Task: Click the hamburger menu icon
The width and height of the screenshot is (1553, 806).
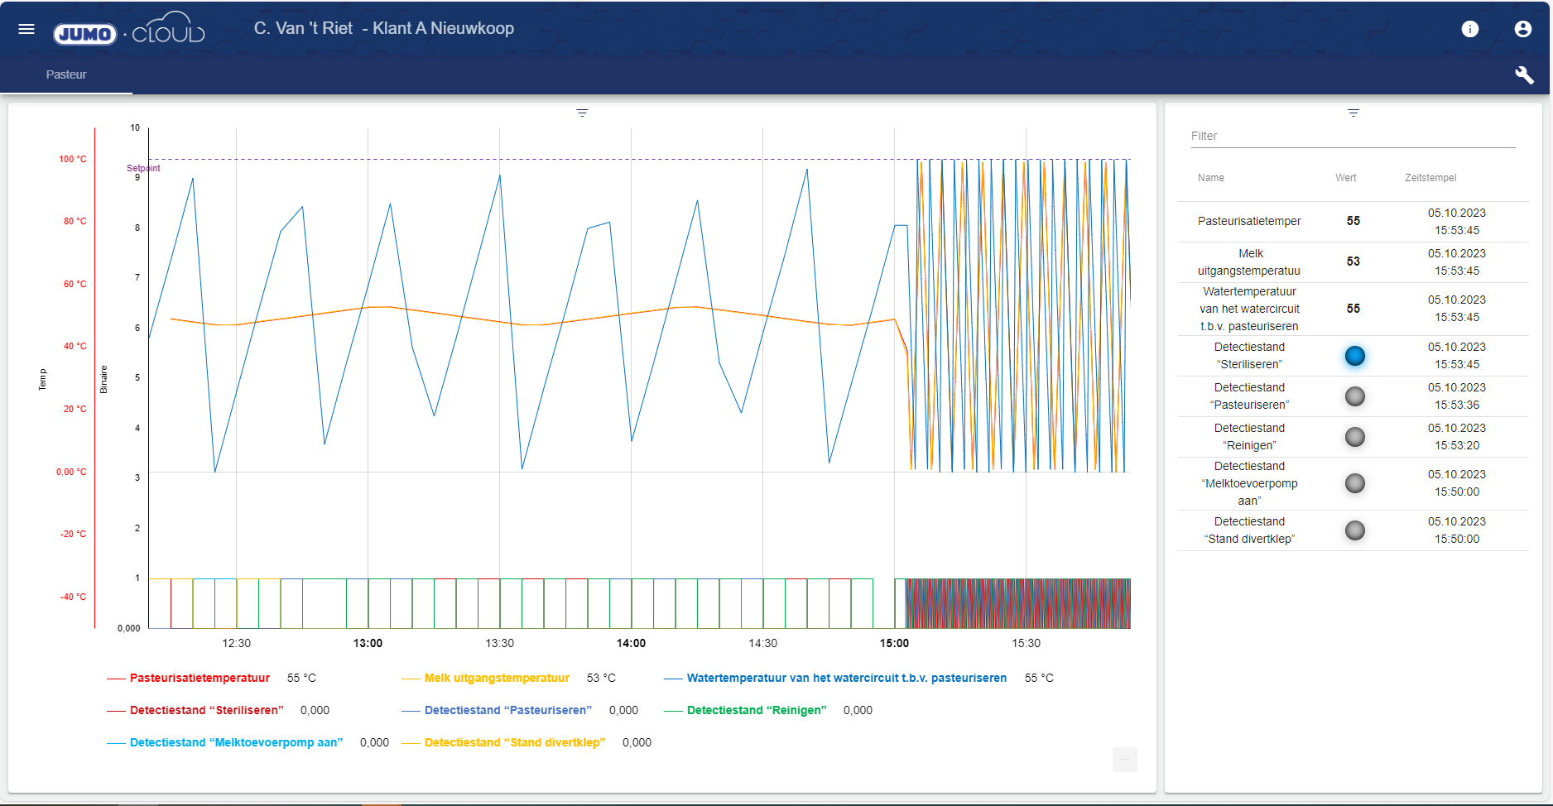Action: tap(26, 29)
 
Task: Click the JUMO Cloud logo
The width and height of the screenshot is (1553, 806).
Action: tap(128, 31)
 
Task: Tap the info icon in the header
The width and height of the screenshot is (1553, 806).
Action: tap(1470, 29)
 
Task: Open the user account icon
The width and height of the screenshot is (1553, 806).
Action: tap(1522, 29)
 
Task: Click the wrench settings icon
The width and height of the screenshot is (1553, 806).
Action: tap(1524, 75)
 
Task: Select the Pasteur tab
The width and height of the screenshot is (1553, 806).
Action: tap(66, 74)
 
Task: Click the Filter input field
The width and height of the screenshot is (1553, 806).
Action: tap(1352, 137)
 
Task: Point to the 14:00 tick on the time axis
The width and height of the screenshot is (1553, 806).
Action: tap(631, 643)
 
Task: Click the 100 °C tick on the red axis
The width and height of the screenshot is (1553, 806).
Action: tap(73, 159)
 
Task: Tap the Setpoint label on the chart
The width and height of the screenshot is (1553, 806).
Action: tap(143, 168)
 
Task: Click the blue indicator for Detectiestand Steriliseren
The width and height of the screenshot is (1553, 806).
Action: tap(1354, 356)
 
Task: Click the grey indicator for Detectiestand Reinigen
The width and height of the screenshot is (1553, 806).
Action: tap(1354, 437)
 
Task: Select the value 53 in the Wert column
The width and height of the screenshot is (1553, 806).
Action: tap(1353, 261)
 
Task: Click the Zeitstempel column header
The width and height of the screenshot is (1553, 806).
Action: tap(1430, 178)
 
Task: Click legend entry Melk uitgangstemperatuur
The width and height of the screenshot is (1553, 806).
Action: tap(497, 678)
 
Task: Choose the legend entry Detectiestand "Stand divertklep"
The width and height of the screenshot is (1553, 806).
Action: tap(514, 742)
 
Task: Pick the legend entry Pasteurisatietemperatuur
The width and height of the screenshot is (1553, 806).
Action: tap(200, 678)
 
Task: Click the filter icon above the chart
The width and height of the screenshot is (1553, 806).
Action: tap(582, 113)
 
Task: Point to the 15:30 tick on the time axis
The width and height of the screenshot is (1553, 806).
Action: tap(1026, 643)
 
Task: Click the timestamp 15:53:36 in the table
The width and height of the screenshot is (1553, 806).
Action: tap(1456, 405)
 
